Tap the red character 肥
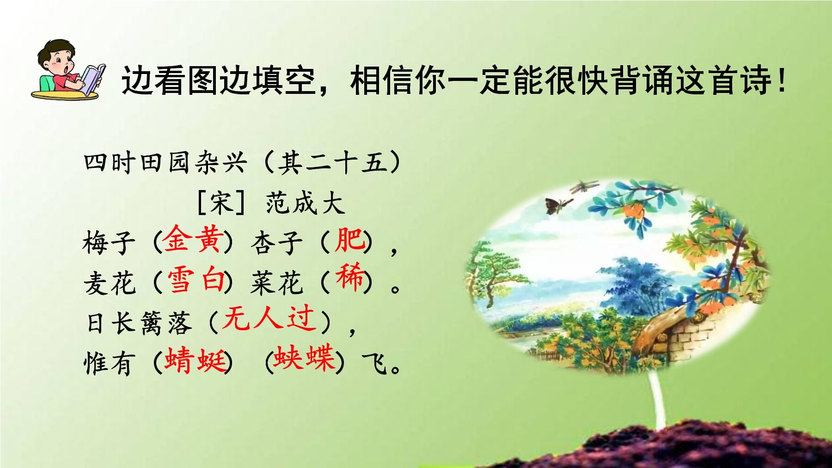[350, 240]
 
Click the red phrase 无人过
[269, 319]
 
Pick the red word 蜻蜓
[196, 360]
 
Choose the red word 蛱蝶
[304, 357]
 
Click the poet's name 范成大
[306, 203]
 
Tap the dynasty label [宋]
[221, 203]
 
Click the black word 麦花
[110, 283]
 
